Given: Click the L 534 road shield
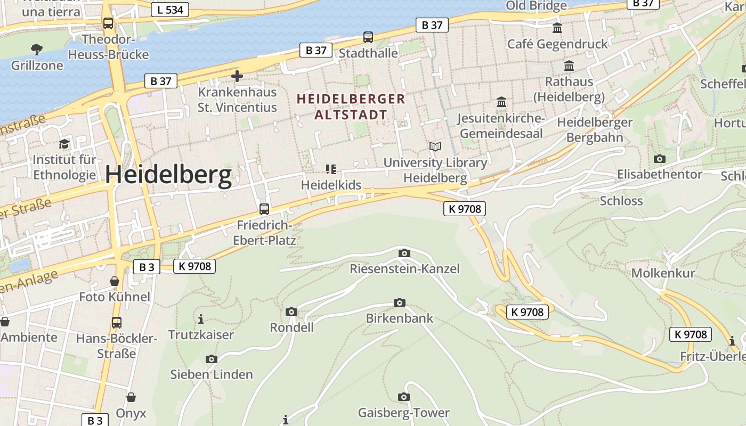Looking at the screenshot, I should pos(169,9).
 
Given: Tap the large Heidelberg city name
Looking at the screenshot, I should pos(168,175).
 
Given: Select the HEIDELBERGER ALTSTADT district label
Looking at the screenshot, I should pos(351,106).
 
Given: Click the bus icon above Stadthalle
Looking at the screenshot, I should pos(368,37).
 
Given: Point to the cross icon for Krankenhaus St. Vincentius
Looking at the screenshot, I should pos(237,76).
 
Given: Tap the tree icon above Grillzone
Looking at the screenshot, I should pos(37,50).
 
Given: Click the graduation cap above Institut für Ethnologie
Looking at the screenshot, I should pos(64,144).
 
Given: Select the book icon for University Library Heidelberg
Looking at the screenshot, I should pos(435,146).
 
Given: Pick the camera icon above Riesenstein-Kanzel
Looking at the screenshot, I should pos(404,253).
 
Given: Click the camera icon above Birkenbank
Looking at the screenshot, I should pos(399,303).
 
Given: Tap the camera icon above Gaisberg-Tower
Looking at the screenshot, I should pos(404,397).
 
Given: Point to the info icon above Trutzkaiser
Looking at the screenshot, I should pos(201,319).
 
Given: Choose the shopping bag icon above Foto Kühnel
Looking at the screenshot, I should pos(115,281).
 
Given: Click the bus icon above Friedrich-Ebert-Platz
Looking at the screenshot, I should pos(264,209).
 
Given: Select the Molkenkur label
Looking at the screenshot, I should pos(663,273).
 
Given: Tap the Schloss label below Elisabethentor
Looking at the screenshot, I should pos(621,201).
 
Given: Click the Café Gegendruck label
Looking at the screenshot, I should pos(557,44).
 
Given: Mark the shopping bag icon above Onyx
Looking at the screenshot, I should pos(131,397).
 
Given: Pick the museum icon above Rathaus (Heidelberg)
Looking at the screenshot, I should pos(569,66).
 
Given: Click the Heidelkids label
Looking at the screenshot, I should pos(331,185).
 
